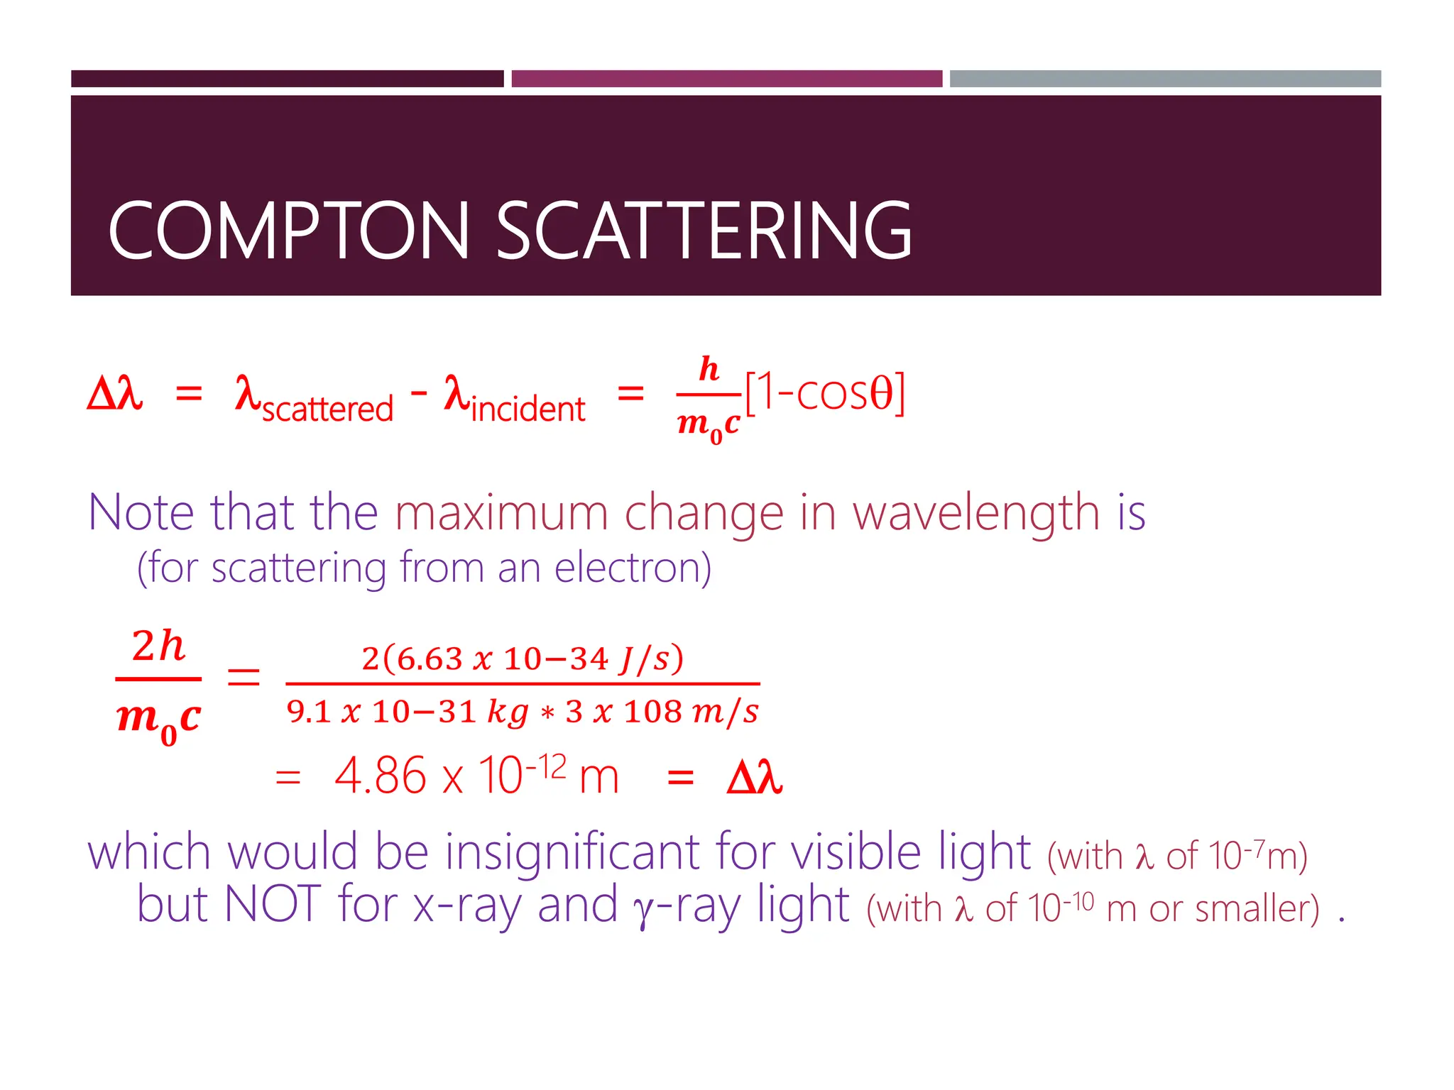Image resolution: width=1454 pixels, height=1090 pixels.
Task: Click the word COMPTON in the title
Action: pos(288,231)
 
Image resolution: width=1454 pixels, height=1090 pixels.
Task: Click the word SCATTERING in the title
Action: pos(703,231)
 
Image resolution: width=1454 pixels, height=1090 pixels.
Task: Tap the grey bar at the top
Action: pos(1165,79)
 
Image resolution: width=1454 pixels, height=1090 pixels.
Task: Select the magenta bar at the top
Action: pos(726,79)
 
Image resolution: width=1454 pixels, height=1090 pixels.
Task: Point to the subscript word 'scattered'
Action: pos(327,409)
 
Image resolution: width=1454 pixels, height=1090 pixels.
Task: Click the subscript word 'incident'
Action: pos(528,409)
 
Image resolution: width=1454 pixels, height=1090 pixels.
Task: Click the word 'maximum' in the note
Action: pos(501,512)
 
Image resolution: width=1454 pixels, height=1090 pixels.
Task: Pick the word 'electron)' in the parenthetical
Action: pos(633,568)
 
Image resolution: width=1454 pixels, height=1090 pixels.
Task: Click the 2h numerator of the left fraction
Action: pos(158,646)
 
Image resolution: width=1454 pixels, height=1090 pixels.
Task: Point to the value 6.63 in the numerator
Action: pos(430,659)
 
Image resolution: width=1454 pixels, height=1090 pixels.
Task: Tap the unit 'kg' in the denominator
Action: pos(508,712)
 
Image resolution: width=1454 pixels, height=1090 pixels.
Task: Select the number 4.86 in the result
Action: pos(380,776)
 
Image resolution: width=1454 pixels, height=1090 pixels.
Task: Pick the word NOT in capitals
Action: pos(273,904)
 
